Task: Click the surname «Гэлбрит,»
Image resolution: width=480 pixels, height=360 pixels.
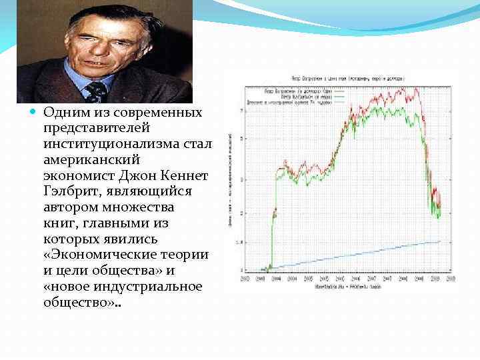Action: pos(73,191)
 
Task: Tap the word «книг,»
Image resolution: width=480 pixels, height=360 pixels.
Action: pos(61,223)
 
